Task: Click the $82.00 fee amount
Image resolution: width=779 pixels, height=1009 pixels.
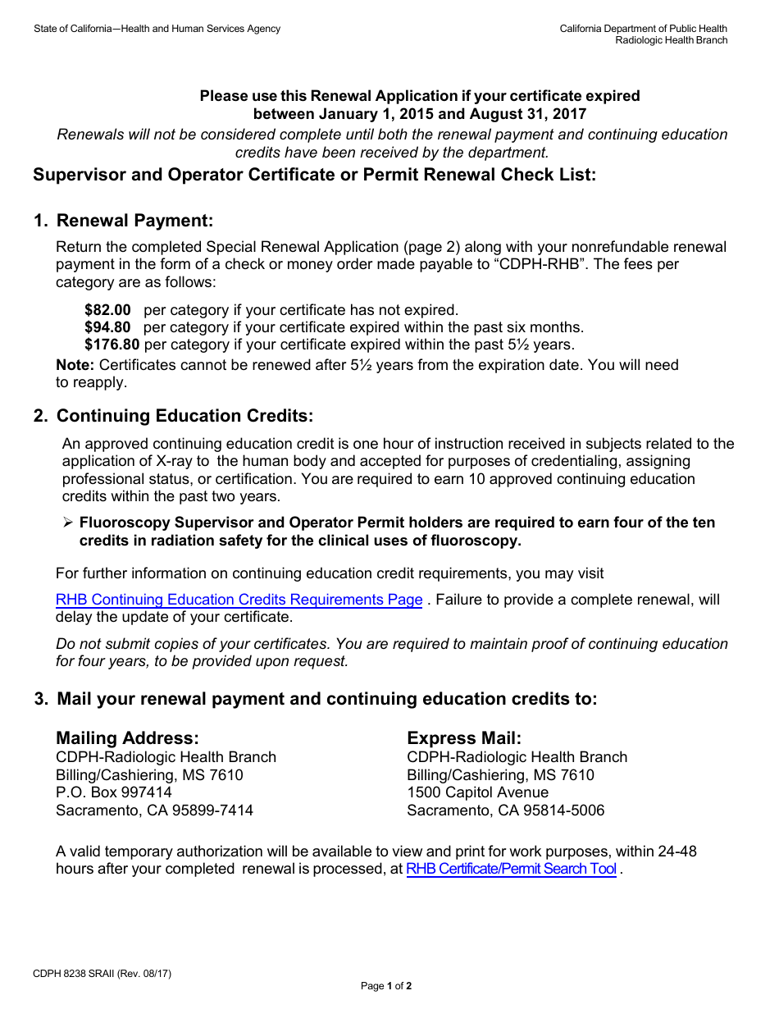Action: [x=107, y=310]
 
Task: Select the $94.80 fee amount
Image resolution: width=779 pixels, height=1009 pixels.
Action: [x=107, y=327]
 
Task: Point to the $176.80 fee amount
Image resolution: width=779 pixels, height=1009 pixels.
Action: [x=112, y=345]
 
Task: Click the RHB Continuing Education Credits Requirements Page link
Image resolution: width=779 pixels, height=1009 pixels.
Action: [x=239, y=600]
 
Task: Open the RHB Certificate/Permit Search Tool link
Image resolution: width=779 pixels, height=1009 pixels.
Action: [x=511, y=869]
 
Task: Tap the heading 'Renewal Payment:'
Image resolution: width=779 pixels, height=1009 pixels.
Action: [x=134, y=221]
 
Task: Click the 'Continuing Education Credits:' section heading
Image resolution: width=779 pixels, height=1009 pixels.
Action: [x=184, y=416]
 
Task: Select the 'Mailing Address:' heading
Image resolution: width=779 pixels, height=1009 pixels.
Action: [x=127, y=738]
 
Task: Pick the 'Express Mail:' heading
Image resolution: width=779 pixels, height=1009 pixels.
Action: [x=464, y=738]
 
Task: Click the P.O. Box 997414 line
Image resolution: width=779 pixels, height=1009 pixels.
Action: [x=114, y=792]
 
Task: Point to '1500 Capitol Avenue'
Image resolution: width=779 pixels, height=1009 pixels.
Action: [x=477, y=792]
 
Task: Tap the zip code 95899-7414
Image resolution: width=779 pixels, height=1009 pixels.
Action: [x=217, y=810]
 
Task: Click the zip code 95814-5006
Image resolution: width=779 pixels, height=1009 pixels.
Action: [x=568, y=810]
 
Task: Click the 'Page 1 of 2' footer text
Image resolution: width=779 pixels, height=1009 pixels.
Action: [x=386, y=986]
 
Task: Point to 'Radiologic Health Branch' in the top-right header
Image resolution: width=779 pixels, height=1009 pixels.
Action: [x=671, y=40]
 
